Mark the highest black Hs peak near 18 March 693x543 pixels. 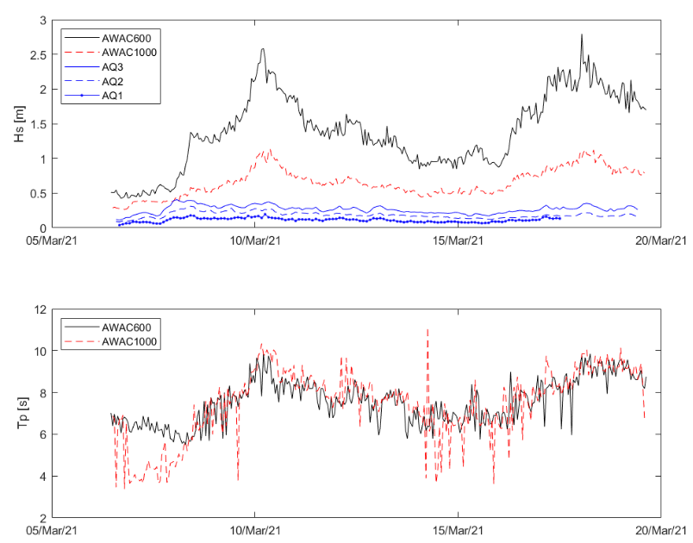[x=582, y=35]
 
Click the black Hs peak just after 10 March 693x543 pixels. [x=263, y=49]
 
